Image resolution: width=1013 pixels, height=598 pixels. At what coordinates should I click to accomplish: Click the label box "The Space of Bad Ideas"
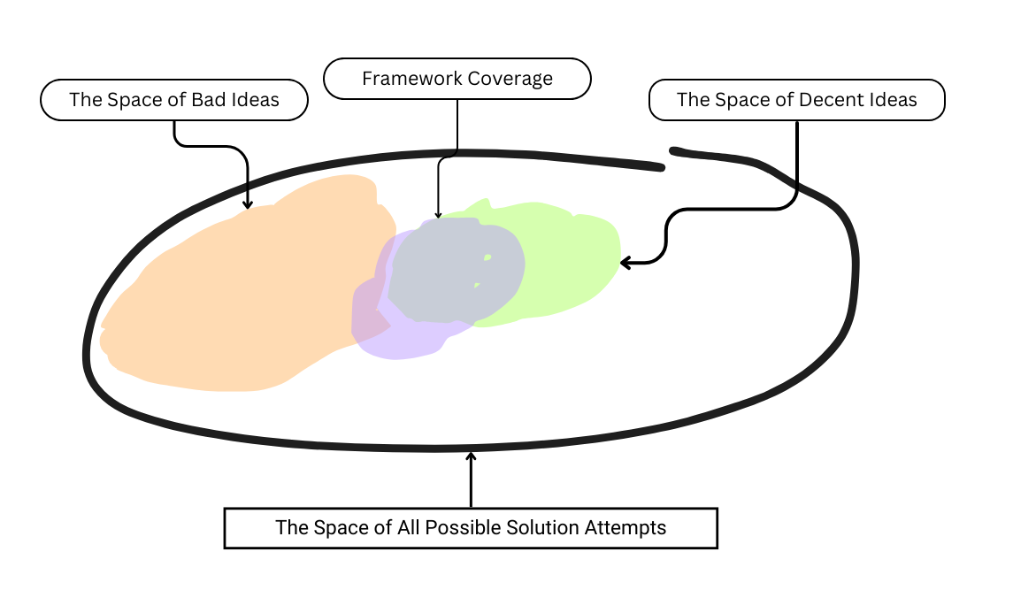(x=174, y=100)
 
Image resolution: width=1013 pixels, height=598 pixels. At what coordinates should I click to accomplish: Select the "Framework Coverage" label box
(x=457, y=79)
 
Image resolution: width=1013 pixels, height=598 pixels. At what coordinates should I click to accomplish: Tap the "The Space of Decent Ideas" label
(x=796, y=100)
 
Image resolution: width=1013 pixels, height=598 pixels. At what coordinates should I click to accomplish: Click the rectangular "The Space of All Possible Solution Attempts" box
(x=471, y=528)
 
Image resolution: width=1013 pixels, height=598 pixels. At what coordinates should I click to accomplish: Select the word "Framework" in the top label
(x=406, y=79)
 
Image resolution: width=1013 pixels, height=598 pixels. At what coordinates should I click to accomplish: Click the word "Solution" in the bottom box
(x=541, y=528)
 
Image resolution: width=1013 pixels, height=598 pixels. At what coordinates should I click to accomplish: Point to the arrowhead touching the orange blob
(x=248, y=205)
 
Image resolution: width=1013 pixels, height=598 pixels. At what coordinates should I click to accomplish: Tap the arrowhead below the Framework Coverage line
(x=438, y=215)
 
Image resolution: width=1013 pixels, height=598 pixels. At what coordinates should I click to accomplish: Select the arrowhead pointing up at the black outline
(x=471, y=456)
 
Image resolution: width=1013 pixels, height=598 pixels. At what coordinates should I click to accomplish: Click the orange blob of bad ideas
(x=248, y=292)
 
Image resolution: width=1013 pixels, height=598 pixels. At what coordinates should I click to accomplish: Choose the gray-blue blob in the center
(x=451, y=270)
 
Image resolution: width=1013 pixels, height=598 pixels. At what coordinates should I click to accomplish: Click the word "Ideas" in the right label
(x=894, y=100)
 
